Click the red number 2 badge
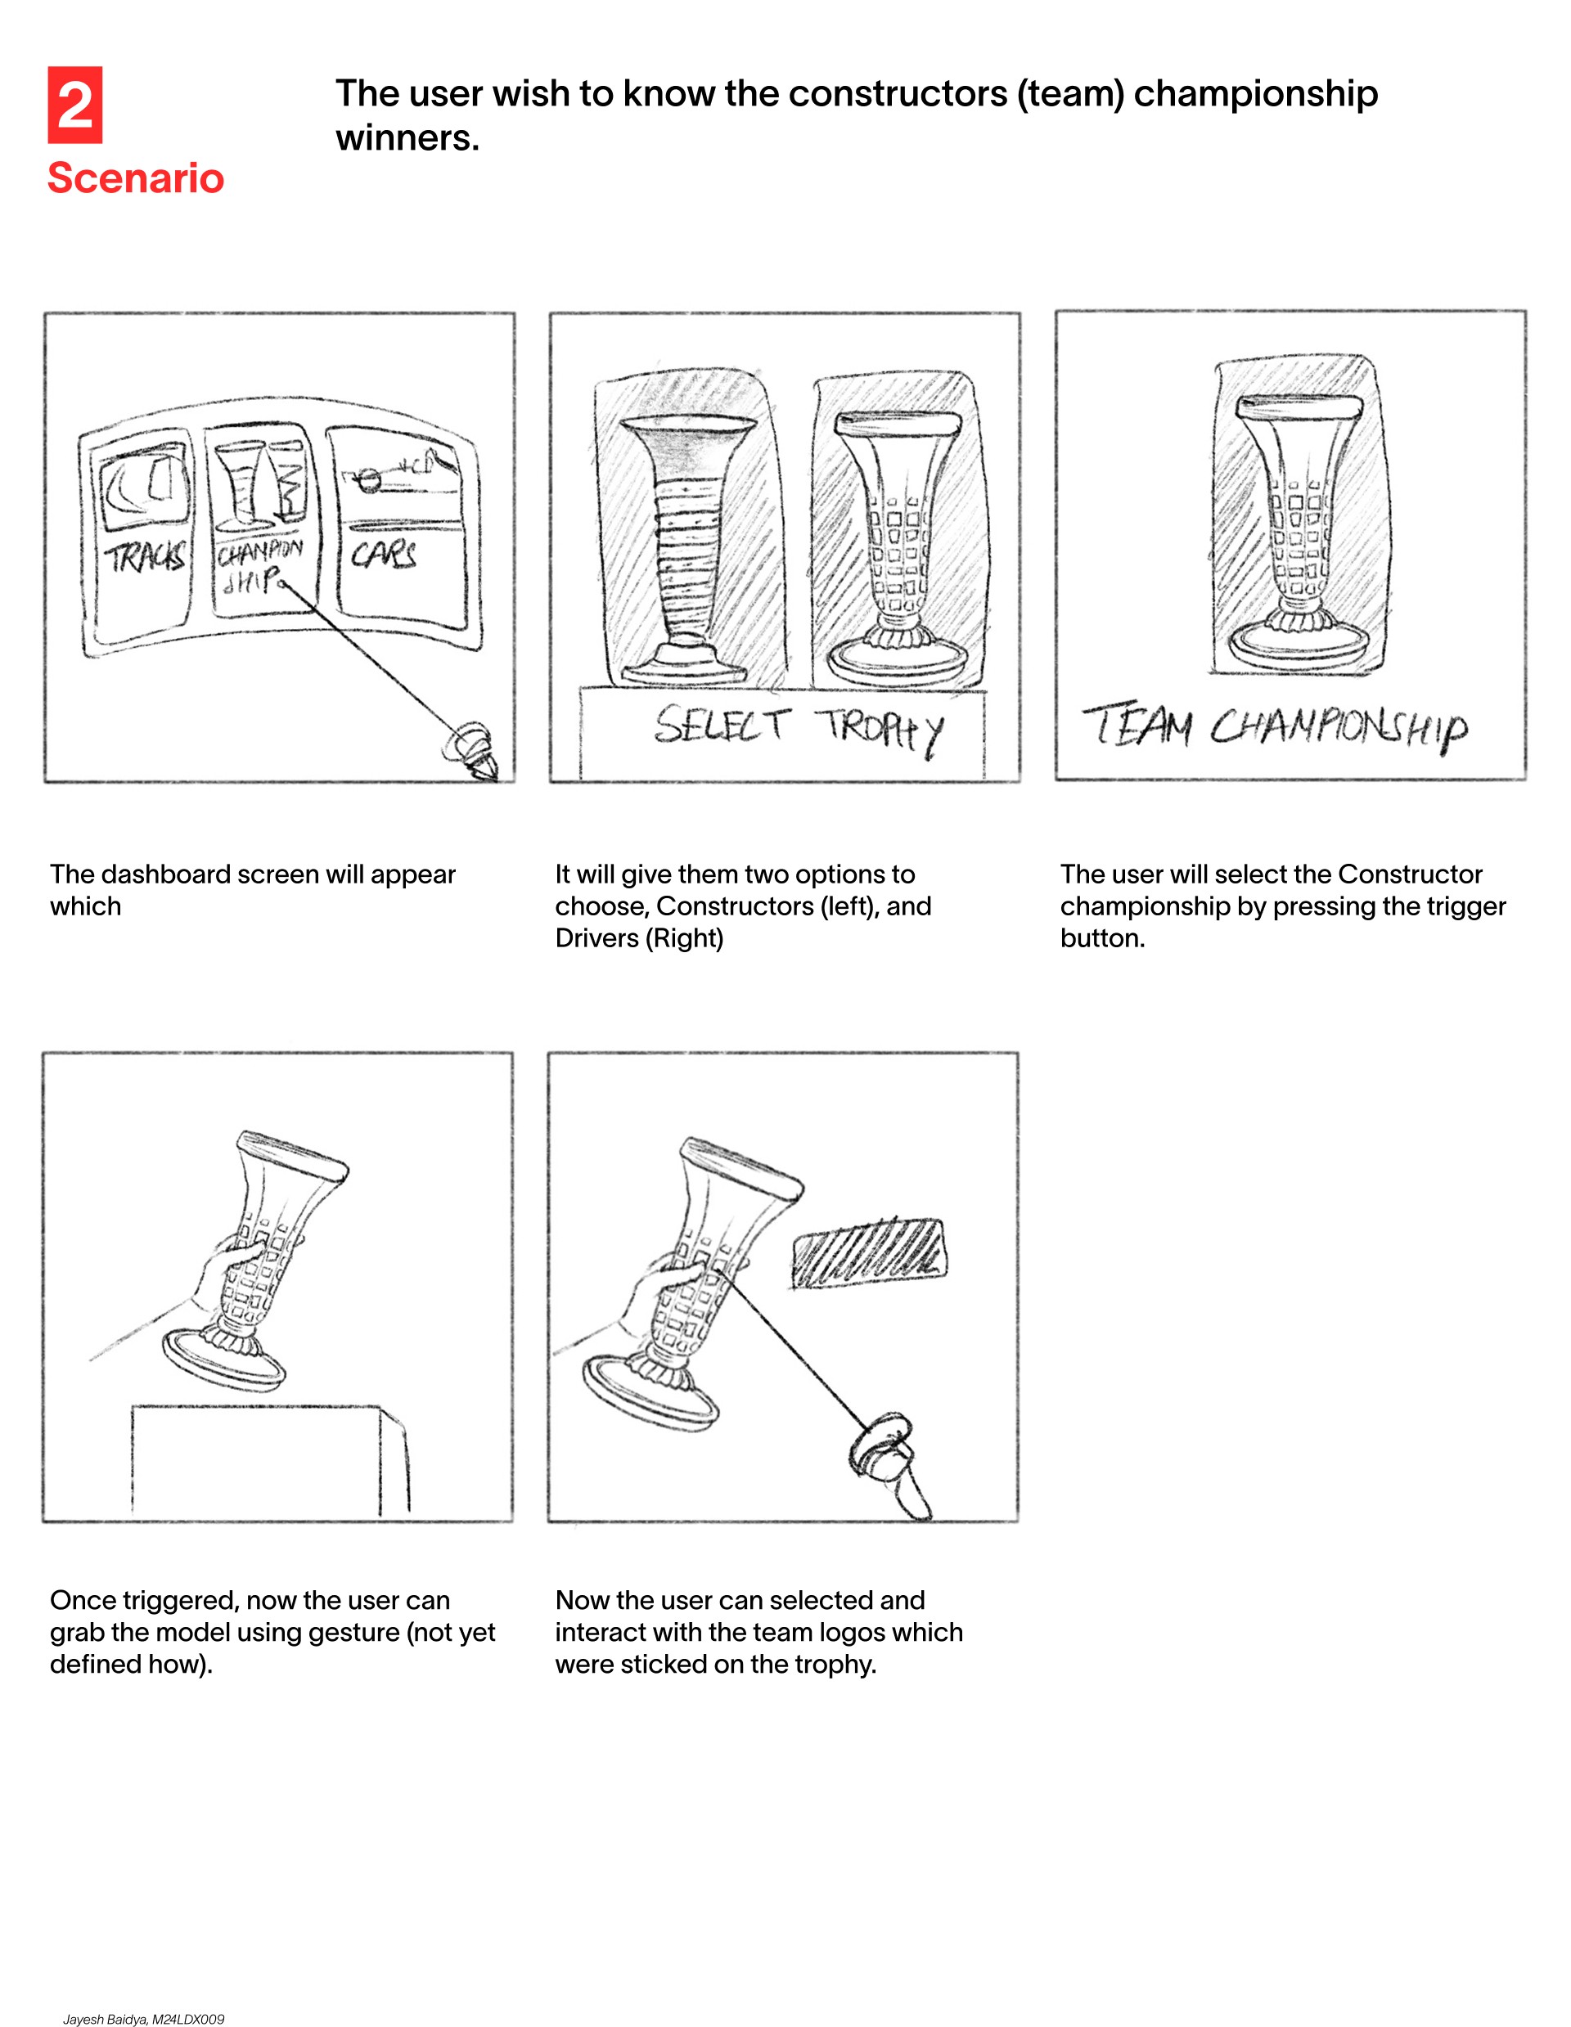(x=75, y=105)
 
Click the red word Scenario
(x=136, y=178)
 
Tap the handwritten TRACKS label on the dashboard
(x=145, y=557)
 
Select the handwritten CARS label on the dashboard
(x=383, y=554)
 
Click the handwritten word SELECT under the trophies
(x=722, y=724)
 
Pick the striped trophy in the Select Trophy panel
(x=688, y=547)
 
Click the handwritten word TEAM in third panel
(x=1138, y=724)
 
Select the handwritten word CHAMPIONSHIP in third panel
(x=1339, y=728)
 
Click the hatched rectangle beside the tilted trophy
(x=869, y=1254)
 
